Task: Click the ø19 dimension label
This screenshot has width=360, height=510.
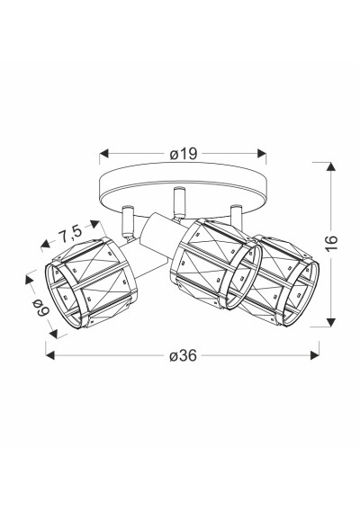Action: click(184, 154)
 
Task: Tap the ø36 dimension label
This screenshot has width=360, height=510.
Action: click(184, 355)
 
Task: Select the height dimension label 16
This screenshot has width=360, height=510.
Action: click(331, 242)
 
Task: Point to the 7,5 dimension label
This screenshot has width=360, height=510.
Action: click(70, 232)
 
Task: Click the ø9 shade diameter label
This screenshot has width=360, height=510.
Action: click(41, 308)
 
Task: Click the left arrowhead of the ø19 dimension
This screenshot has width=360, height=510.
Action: click(103, 154)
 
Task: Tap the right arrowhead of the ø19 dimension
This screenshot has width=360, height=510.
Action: click(262, 154)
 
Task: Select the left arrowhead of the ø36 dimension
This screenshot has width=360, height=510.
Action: click(50, 355)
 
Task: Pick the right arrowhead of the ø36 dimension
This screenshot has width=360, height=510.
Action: click(315, 355)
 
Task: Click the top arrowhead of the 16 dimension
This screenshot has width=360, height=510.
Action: click(331, 166)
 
